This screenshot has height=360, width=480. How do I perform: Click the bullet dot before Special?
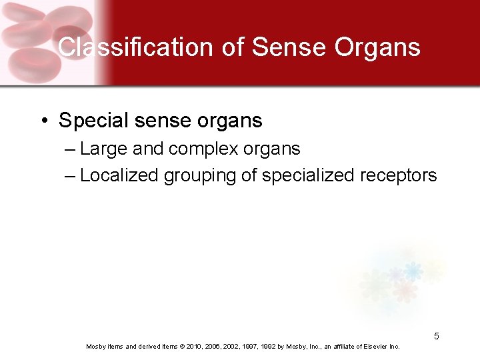pyautogui.click(x=43, y=121)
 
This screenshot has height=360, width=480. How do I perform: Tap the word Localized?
pyautogui.click(x=119, y=175)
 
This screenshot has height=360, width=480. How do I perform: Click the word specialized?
pyautogui.click(x=309, y=175)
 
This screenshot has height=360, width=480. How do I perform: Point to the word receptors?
pyautogui.click(x=399, y=175)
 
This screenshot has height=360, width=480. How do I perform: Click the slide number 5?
pyautogui.click(x=437, y=336)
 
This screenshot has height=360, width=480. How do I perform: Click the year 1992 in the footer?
pyautogui.click(x=267, y=347)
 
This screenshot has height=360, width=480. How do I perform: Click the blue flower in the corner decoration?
pyautogui.click(x=413, y=271)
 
